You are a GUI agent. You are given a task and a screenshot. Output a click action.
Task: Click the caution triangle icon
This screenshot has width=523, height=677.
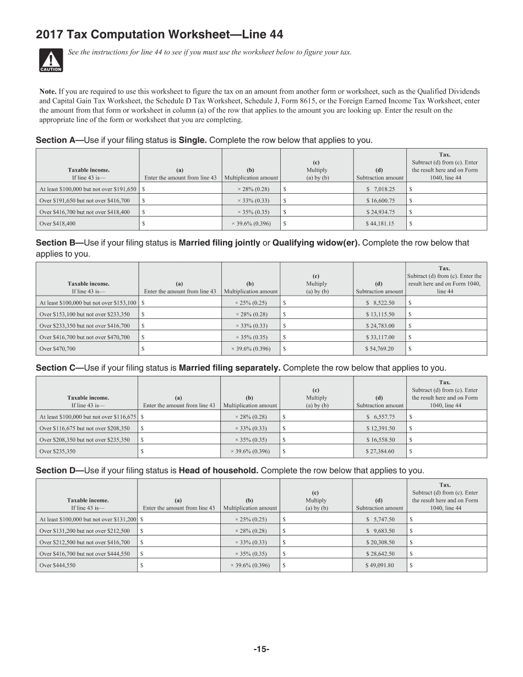tap(51, 60)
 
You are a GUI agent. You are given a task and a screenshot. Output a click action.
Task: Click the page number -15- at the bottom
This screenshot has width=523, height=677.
tap(261, 649)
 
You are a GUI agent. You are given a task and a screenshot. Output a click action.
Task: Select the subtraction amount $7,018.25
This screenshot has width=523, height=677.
tap(380, 189)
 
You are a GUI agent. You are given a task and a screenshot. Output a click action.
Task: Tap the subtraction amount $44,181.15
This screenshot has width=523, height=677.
tap(380, 224)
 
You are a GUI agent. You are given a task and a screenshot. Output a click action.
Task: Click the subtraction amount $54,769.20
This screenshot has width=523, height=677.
tap(379, 349)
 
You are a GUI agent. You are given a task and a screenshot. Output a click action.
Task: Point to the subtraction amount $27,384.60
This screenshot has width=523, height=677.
tap(380, 451)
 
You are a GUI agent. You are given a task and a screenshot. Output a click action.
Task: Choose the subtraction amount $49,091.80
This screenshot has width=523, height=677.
tap(379, 565)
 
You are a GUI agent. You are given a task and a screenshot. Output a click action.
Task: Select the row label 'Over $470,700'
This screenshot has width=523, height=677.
tap(57, 349)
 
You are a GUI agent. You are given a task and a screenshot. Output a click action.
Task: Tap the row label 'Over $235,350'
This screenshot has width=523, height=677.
tap(57, 451)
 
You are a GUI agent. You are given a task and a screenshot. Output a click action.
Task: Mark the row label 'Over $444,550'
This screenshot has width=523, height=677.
tap(57, 565)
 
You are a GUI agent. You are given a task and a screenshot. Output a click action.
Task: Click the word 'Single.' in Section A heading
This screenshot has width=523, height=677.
tap(193, 140)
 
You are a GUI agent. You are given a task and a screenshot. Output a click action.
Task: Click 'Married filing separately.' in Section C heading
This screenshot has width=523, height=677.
tap(230, 368)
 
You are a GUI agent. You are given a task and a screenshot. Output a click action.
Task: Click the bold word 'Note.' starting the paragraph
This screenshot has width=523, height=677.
tap(48, 91)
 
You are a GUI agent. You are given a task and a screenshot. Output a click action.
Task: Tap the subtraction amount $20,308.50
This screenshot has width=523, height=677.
tap(380, 542)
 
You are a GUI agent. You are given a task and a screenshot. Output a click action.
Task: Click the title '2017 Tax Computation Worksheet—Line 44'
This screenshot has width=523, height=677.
tap(160, 35)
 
